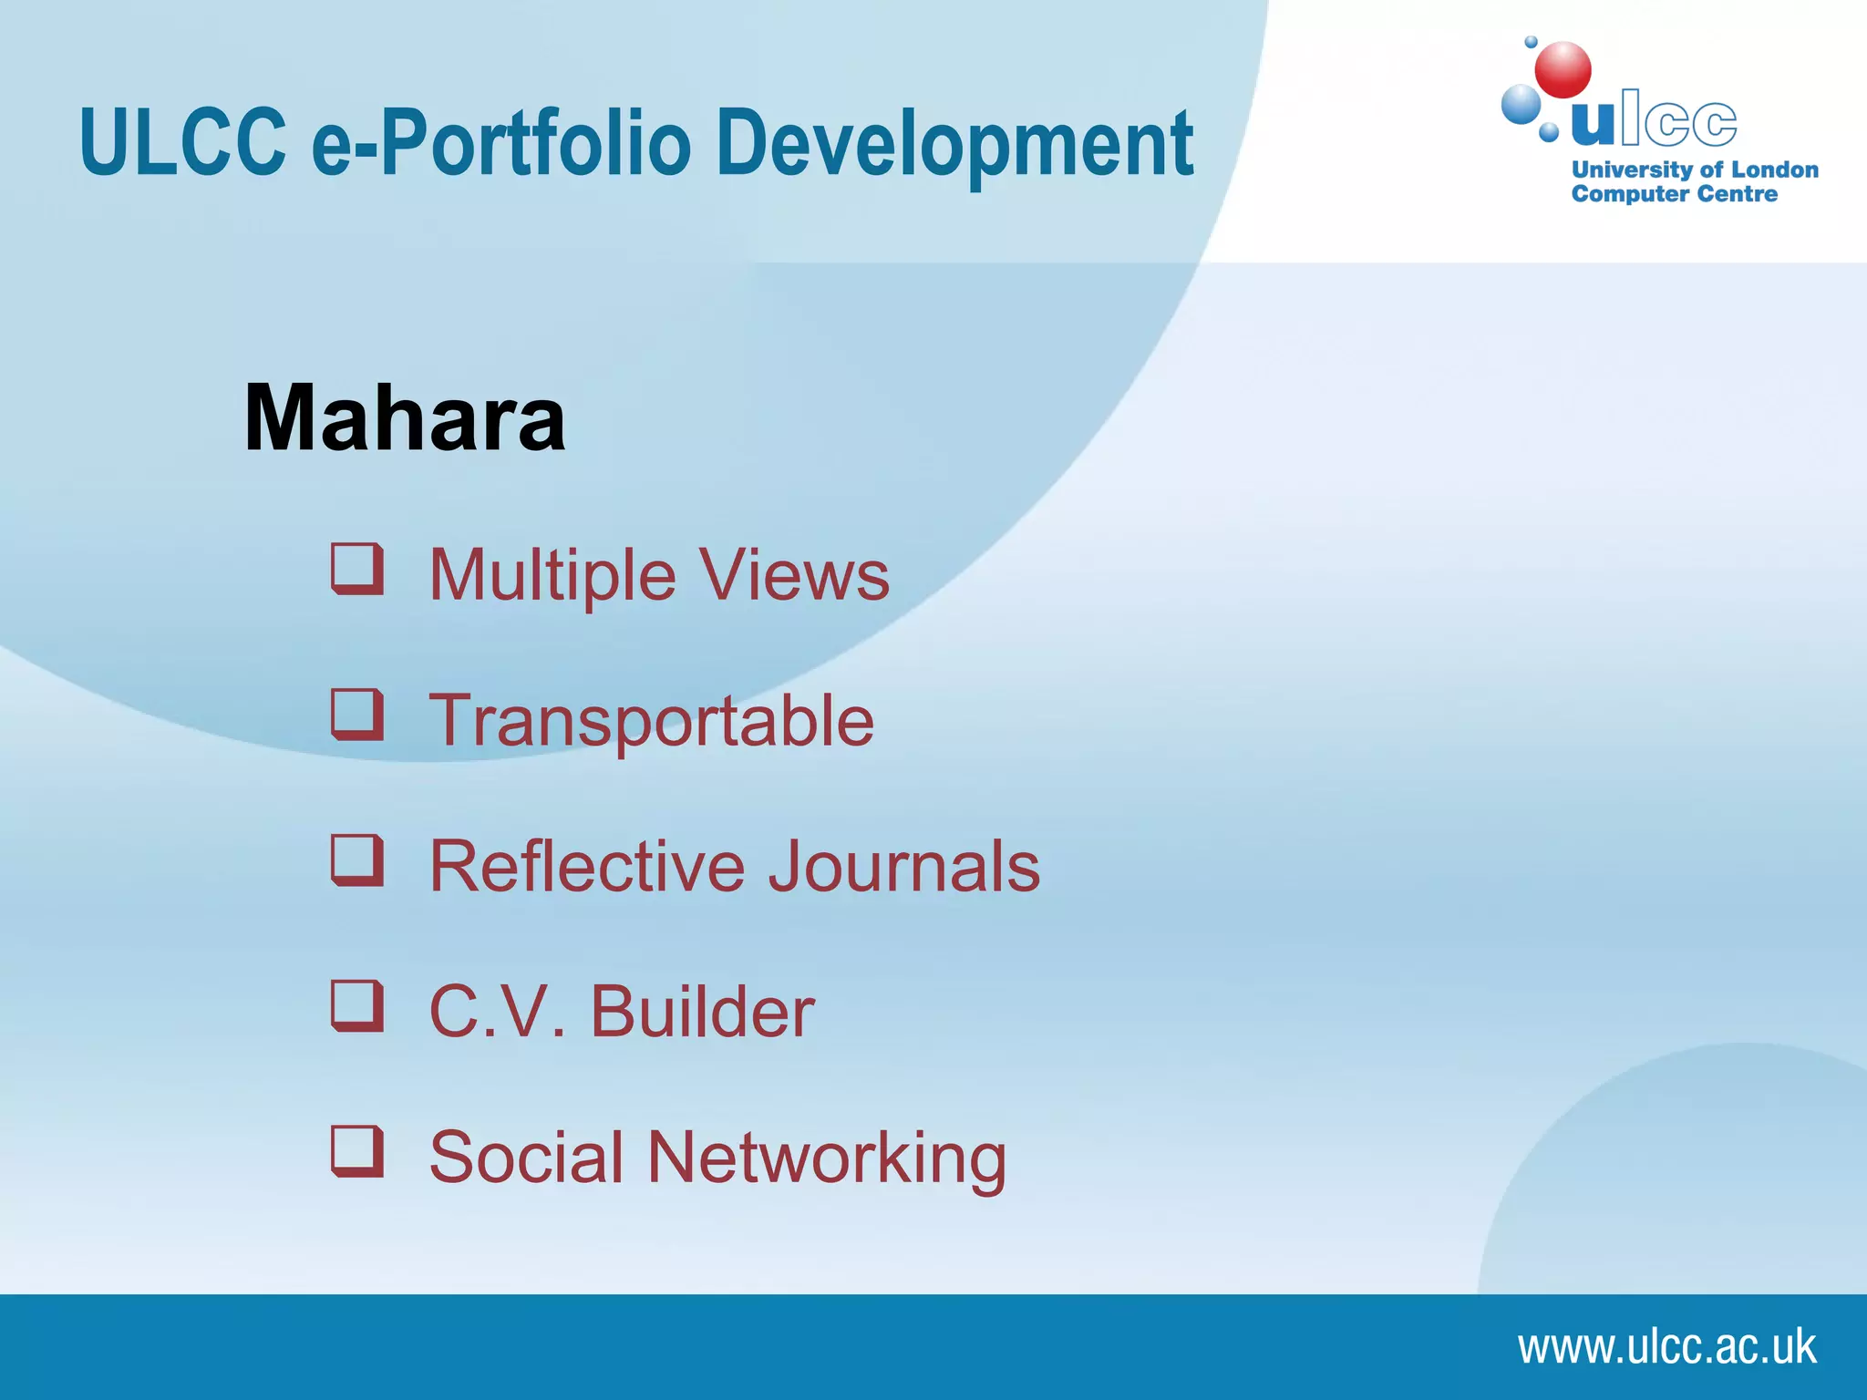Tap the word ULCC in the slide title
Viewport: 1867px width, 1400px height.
pos(182,143)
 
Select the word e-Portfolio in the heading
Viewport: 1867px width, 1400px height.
pos(501,143)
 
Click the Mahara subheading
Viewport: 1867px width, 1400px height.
pos(405,418)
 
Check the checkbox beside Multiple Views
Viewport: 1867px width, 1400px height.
pos(356,569)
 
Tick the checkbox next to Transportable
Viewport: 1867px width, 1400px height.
pos(356,715)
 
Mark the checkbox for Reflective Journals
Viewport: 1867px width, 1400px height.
pos(356,860)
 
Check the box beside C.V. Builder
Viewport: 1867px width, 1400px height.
pos(356,1006)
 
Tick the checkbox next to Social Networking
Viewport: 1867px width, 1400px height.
pos(356,1151)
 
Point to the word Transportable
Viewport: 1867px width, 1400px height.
pos(651,721)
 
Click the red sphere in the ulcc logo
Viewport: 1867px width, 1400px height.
pos(1563,69)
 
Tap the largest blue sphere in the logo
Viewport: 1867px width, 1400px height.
pos(1521,104)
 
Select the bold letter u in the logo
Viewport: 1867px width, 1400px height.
pos(1594,122)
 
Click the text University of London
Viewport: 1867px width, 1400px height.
pos(1695,170)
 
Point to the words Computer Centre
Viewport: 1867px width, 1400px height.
pos(1674,194)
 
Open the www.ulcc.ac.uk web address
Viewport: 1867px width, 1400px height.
pos(1666,1347)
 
